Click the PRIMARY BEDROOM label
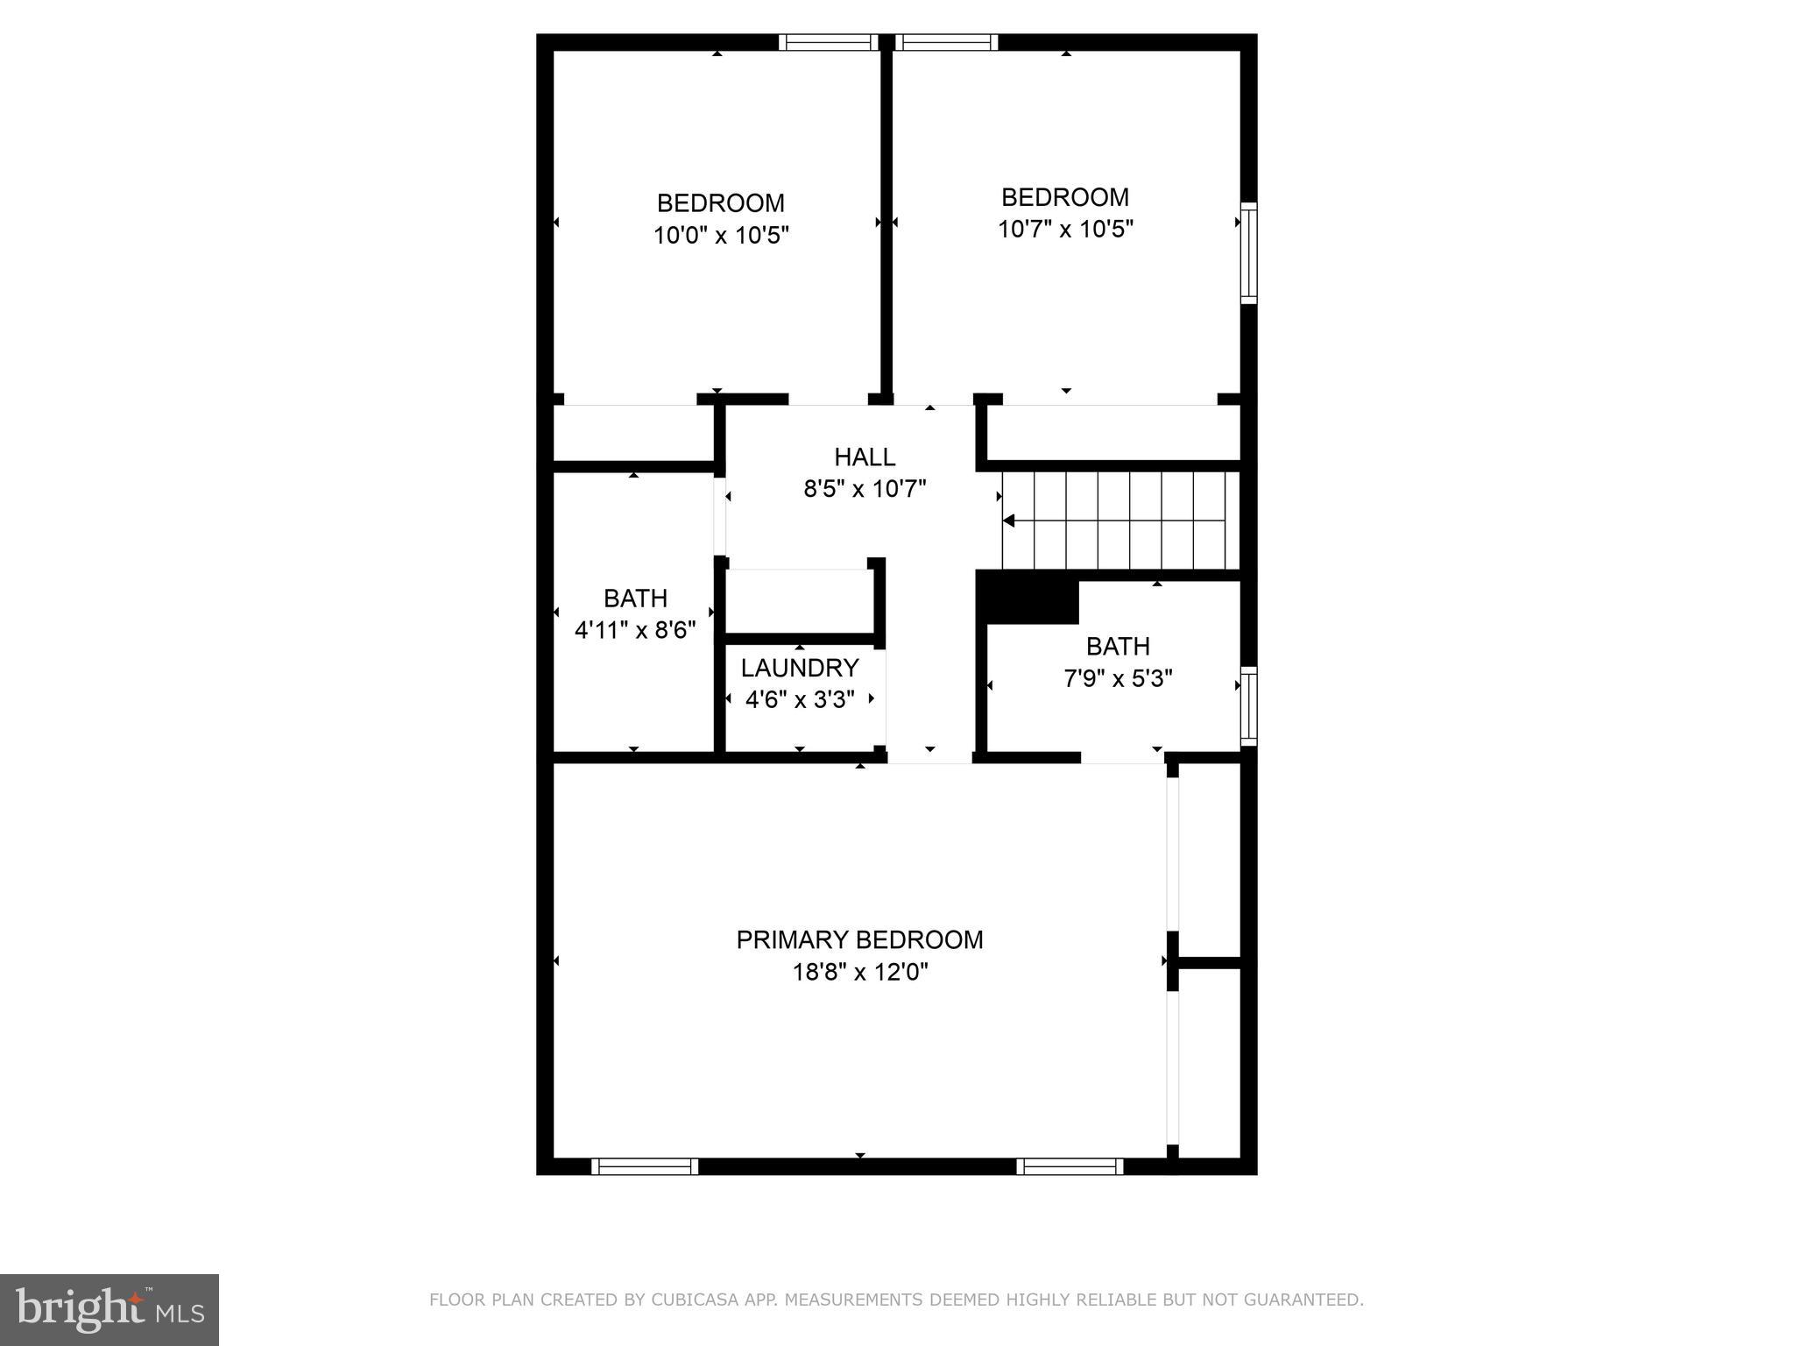[x=859, y=940]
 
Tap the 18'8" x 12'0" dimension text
[x=859, y=973]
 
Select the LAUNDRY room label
[x=799, y=669]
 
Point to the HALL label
[x=865, y=457]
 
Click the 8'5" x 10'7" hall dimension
[x=865, y=489]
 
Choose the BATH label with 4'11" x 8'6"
[x=635, y=599]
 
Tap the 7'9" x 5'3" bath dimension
[x=1118, y=678]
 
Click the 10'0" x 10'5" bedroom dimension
[x=721, y=236]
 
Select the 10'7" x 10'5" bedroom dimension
[x=1065, y=230]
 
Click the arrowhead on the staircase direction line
[x=1008, y=521]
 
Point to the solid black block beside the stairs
[x=1028, y=598]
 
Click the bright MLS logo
[x=109, y=1310]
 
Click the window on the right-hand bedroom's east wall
[x=1248, y=253]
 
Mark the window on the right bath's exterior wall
[x=1248, y=706]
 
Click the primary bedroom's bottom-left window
[x=645, y=1165]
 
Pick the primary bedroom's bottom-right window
[x=1070, y=1165]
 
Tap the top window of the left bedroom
[x=829, y=42]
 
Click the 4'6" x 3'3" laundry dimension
[x=799, y=700]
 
